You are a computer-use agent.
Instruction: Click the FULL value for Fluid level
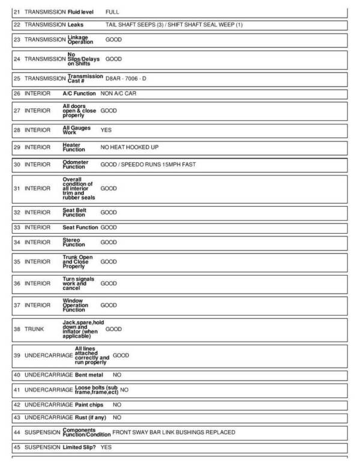pos(112,11)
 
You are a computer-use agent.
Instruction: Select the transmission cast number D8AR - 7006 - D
pos(125,79)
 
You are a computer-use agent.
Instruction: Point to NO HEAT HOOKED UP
pos(130,147)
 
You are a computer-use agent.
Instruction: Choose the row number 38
pos(17,329)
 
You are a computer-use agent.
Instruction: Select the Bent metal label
pos(89,375)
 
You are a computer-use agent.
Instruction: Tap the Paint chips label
pos(89,405)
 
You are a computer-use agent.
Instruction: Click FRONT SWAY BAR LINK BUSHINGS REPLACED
pos(173,432)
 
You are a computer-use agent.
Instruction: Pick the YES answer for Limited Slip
pos(106,447)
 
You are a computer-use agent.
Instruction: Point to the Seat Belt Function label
pos(74,213)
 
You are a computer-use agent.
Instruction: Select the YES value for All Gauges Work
pos(106,130)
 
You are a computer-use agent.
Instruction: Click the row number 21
pos(17,11)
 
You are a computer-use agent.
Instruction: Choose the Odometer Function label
pos(75,165)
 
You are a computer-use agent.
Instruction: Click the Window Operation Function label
pos(75,305)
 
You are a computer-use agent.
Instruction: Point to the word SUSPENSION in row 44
pos(43,432)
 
